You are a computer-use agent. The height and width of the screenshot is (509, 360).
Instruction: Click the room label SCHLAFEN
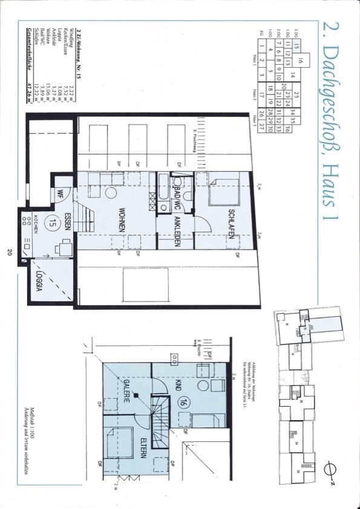(x=231, y=224)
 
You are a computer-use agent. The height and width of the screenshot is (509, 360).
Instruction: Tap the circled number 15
(x=53, y=222)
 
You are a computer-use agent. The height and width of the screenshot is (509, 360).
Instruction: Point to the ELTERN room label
(x=143, y=448)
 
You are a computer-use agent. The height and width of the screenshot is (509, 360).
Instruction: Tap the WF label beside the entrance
(x=60, y=195)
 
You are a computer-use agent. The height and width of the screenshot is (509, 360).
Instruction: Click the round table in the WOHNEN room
(x=110, y=193)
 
